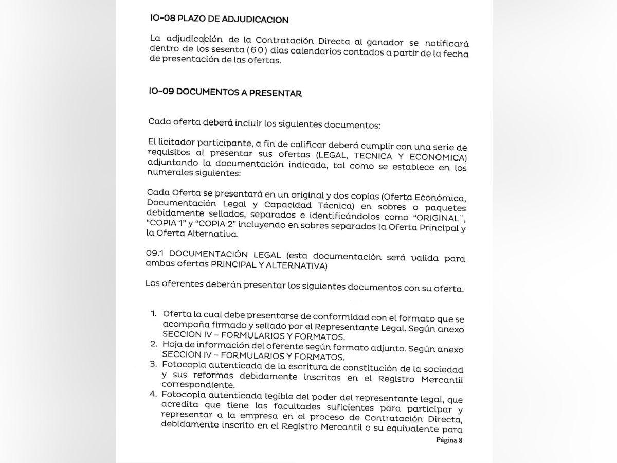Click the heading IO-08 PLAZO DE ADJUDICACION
tap(219, 19)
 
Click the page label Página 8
tap(449, 440)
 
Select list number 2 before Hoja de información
tap(153, 344)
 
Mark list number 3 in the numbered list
tap(153, 365)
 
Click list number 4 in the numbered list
tap(152, 395)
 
